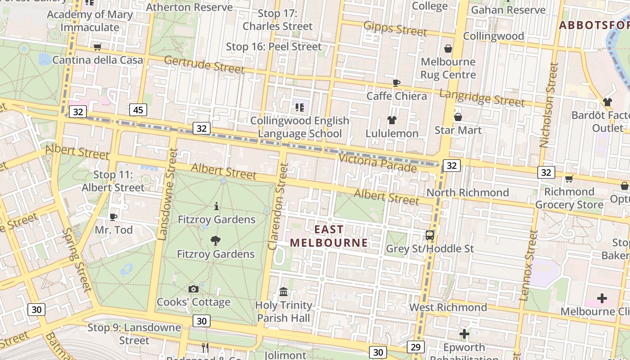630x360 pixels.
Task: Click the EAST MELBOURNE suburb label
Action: pos(328,236)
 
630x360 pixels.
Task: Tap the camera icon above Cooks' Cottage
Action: pos(193,289)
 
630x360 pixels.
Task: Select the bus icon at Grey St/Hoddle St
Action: pos(430,235)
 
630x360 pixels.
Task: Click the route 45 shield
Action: pos(138,109)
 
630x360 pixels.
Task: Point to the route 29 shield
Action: pos(415,346)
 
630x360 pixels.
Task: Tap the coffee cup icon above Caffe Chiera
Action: pos(396,83)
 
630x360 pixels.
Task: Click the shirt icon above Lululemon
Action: pos(391,120)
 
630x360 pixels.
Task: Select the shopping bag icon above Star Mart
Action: pos(458,117)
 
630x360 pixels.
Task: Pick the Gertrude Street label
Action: pos(204,64)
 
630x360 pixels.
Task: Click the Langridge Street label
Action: pos(481,98)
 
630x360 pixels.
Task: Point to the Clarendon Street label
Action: pos(278,206)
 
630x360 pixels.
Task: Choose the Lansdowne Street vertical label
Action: pos(165,194)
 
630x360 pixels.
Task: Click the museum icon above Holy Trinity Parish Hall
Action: pos(283,292)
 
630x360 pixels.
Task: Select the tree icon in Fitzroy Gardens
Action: pos(216,241)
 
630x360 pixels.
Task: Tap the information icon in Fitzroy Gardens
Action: pos(216,207)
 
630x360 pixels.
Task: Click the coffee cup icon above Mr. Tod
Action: pos(113,217)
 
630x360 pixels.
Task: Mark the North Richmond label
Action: pos(468,193)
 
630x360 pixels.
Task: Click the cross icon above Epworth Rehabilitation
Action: pos(464,334)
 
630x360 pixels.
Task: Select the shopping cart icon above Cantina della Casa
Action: pos(97,47)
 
